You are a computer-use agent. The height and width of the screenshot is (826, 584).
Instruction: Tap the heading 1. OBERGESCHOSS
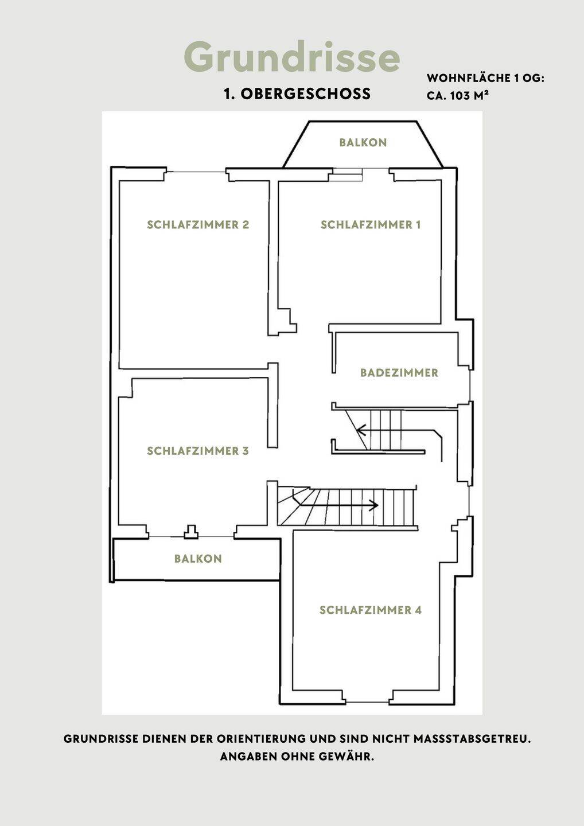pyautogui.click(x=297, y=93)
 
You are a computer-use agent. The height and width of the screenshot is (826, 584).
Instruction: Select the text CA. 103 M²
pyautogui.click(x=458, y=95)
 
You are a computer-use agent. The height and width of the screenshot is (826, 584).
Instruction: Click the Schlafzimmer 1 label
pyautogui.click(x=371, y=225)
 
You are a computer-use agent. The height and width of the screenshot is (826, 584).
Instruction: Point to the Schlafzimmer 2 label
pyautogui.click(x=198, y=225)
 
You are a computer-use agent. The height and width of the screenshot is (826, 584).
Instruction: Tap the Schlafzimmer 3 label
pyautogui.click(x=198, y=451)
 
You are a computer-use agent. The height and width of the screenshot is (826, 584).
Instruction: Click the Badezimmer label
pyautogui.click(x=399, y=372)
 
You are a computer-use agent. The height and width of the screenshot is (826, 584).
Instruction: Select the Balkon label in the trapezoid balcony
pyautogui.click(x=363, y=142)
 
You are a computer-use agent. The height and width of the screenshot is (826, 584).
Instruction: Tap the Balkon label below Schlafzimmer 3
pyautogui.click(x=198, y=559)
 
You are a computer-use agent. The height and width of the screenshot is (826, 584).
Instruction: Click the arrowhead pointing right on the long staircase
pyautogui.click(x=375, y=505)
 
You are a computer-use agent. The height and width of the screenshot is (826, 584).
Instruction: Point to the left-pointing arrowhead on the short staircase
pyautogui.click(x=361, y=430)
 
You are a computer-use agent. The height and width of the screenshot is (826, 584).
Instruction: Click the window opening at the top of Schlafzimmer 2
pyautogui.click(x=196, y=172)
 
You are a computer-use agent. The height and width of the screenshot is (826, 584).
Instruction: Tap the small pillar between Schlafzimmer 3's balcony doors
pyautogui.click(x=191, y=532)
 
